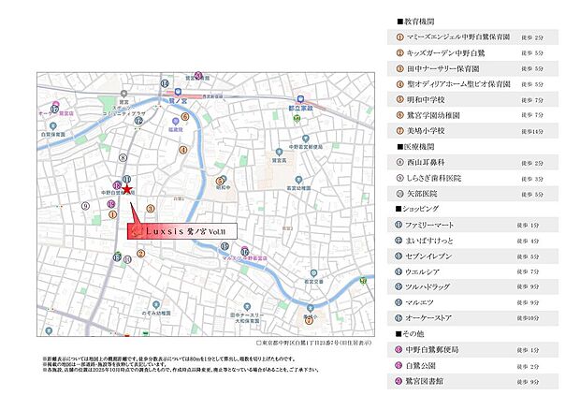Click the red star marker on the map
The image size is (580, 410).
click(x=125, y=189)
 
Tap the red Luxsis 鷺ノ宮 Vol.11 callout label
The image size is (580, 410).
click(x=182, y=228)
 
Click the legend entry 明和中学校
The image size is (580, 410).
click(x=427, y=98)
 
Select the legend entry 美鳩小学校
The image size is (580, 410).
click(x=427, y=130)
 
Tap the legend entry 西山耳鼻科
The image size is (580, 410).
click(x=427, y=162)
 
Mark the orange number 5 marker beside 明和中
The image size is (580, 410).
click(x=219, y=180)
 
